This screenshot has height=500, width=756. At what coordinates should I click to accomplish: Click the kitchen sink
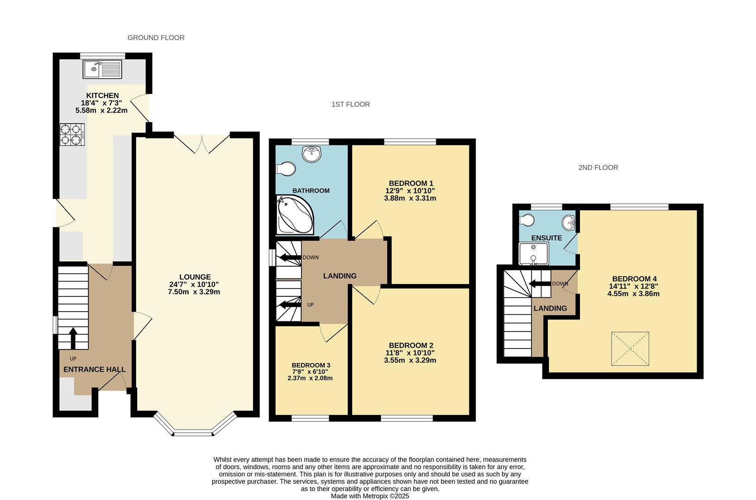[102, 69]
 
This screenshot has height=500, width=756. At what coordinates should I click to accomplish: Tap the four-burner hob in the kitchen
[72, 135]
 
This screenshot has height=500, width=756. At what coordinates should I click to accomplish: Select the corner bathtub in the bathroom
[295, 214]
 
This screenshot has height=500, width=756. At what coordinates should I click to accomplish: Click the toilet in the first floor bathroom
[285, 169]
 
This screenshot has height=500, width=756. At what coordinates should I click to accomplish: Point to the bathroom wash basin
[312, 154]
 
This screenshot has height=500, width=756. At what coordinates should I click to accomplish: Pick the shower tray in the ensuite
[534, 254]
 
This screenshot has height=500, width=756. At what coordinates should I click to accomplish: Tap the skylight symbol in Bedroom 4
[630, 349]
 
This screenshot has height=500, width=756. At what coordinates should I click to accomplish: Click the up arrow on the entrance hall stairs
[73, 338]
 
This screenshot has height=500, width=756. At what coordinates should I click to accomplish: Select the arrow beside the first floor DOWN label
[290, 258]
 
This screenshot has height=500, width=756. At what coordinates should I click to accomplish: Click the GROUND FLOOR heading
[156, 38]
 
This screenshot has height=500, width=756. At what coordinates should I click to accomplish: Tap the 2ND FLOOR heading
[598, 168]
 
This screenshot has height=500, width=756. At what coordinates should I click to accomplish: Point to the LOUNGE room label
[195, 277]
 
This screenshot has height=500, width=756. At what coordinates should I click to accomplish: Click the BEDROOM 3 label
[311, 365]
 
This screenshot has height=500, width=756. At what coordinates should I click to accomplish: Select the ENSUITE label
[547, 238]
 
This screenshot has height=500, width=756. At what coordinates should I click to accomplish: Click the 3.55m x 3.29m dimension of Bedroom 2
[409, 360]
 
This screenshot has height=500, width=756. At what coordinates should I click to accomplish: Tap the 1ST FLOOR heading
[351, 105]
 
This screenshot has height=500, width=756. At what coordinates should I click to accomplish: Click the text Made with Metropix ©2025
[370, 496]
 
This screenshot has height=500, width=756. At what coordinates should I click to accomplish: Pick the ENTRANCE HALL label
[94, 369]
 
